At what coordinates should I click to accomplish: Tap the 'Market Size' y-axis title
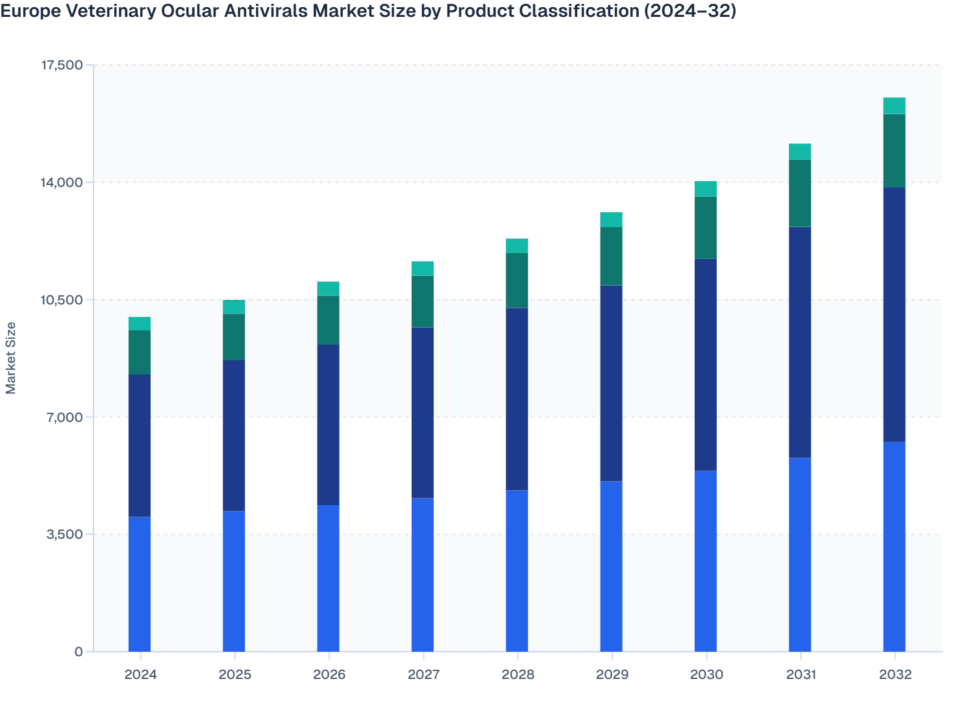tap(11, 358)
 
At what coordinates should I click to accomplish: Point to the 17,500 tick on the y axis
tap(62, 65)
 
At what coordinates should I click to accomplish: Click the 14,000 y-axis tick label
tap(62, 182)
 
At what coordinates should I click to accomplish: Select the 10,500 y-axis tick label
tap(62, 300)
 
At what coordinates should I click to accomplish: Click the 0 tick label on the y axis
tap(79, 652)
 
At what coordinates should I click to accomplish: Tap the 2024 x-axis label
tap(140, 674)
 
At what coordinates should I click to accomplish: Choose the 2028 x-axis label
tap(517, 674)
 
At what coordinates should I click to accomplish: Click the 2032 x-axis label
tap(895, 674)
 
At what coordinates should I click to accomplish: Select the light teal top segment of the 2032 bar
tap(894, 106)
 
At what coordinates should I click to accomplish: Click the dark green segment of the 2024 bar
tap(140, 352)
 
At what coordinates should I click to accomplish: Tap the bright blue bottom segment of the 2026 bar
tap(328, 578)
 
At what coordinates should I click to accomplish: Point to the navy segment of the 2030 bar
tap(706, 364)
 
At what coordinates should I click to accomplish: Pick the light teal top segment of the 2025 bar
tap(234, 307)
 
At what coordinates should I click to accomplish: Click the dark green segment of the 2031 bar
tap(800, 193)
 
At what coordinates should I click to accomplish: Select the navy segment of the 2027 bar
tap(423, 412)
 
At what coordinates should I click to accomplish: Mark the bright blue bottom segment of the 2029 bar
tap(611, 566)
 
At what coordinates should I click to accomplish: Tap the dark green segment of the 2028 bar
tap(517, 280)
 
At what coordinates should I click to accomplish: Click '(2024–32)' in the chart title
tap(690, 11)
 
